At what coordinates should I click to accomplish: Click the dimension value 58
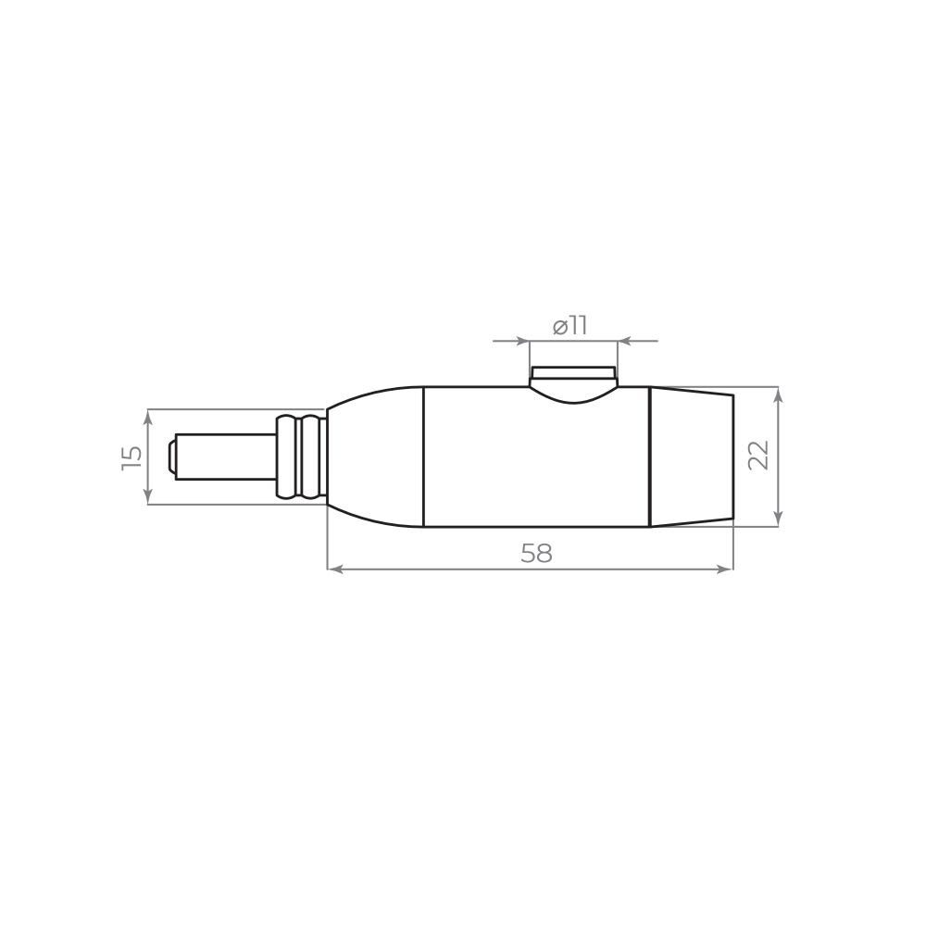tap(536, 554)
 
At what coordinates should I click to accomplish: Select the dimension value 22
tap(758, 456)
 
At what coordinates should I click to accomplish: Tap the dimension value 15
tap(132, 457)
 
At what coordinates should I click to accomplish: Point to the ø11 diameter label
tap(570, 326)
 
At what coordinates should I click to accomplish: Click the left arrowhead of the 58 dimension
tap(335, 569)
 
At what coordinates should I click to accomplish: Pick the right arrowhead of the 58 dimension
tap(725, 569)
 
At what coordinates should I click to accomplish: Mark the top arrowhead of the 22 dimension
tap(778, 394)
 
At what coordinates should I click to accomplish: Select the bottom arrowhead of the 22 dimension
tap(778, 519)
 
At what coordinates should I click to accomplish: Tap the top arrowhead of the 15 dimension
tap(148, 416)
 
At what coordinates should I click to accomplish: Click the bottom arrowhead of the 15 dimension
tap(148, 497)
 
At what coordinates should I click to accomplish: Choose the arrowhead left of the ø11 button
tap(522, 341)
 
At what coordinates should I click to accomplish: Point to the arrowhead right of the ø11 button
tap(625, 341)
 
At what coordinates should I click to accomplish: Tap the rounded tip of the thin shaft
tap(172, 457)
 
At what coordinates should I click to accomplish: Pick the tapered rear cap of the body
tap(692, 457)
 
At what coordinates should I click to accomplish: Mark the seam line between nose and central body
tap(423, 457)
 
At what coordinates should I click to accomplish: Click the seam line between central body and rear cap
tap(650, 457)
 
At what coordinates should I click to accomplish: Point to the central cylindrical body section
tap(537, 463)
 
